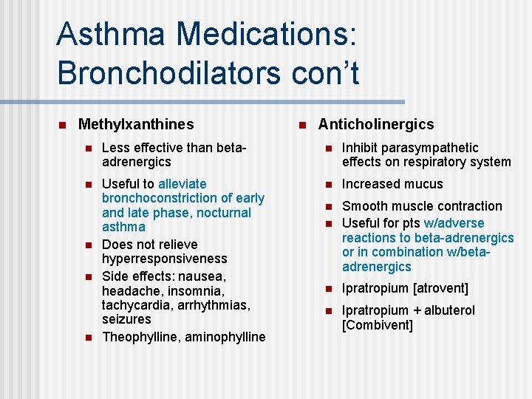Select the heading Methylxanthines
tap(136, 125)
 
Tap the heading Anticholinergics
tap(376, 125)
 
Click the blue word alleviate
tap(183, 184)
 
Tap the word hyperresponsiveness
tap(165, 259)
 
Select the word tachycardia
tap(134, 305)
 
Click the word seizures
tap(126, 319)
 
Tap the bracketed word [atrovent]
tap(440, 289)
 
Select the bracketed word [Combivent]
tap(378, 325)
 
